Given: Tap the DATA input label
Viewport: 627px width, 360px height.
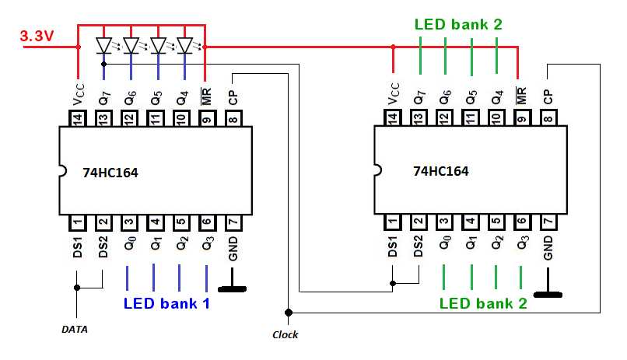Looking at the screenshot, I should click(x=75, y=329).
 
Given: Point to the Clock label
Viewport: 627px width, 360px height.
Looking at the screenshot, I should click(x=285, y=334).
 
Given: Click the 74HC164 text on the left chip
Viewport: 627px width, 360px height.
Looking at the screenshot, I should click(x=110, y=172).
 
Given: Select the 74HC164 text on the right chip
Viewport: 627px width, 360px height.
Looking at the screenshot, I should click(x=442, y=171).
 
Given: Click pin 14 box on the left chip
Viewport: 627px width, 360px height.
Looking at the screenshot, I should click(x=78, y=118).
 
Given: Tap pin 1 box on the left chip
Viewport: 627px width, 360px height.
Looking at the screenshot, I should click(x=78, y=222).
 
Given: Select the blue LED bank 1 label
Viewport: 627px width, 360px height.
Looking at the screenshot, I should click(x=166, y=303).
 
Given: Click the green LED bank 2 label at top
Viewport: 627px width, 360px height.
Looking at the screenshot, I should click(x=458, y=24).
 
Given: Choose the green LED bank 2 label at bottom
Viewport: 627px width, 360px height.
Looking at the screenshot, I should click(x=483, y=303).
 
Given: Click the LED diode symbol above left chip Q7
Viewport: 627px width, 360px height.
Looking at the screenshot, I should click(x=104, y=46).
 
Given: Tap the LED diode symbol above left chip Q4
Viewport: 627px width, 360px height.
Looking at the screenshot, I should click(x=185, y=46).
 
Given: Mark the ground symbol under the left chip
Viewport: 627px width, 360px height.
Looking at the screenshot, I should click(x=234, y=289).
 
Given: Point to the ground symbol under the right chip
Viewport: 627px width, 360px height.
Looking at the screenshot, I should click(x=548, y=294).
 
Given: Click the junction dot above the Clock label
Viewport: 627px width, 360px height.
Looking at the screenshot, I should click(x=289, y=313).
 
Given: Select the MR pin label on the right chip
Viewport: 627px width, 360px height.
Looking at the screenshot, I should click(x=521, y=96).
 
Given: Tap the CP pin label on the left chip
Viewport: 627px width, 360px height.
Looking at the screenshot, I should click(x=233, y=97).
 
